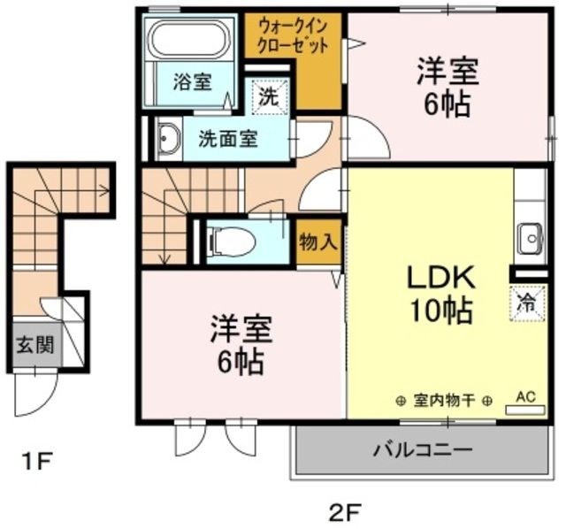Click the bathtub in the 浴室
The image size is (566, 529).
click(187, 39)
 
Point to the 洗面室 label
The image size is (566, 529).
click(227, 139)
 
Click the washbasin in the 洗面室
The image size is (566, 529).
click(166, 138)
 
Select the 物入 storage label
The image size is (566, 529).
click(317, 241)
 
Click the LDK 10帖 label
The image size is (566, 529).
click(440, 293)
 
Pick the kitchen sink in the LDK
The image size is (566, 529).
click(531, 236)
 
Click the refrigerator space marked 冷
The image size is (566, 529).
click(525, 303)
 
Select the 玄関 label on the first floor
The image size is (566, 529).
click(34, 344)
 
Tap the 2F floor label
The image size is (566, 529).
click(346, 510)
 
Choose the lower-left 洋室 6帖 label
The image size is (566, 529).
click(237, 344)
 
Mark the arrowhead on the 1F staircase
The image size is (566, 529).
click(105, 188)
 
